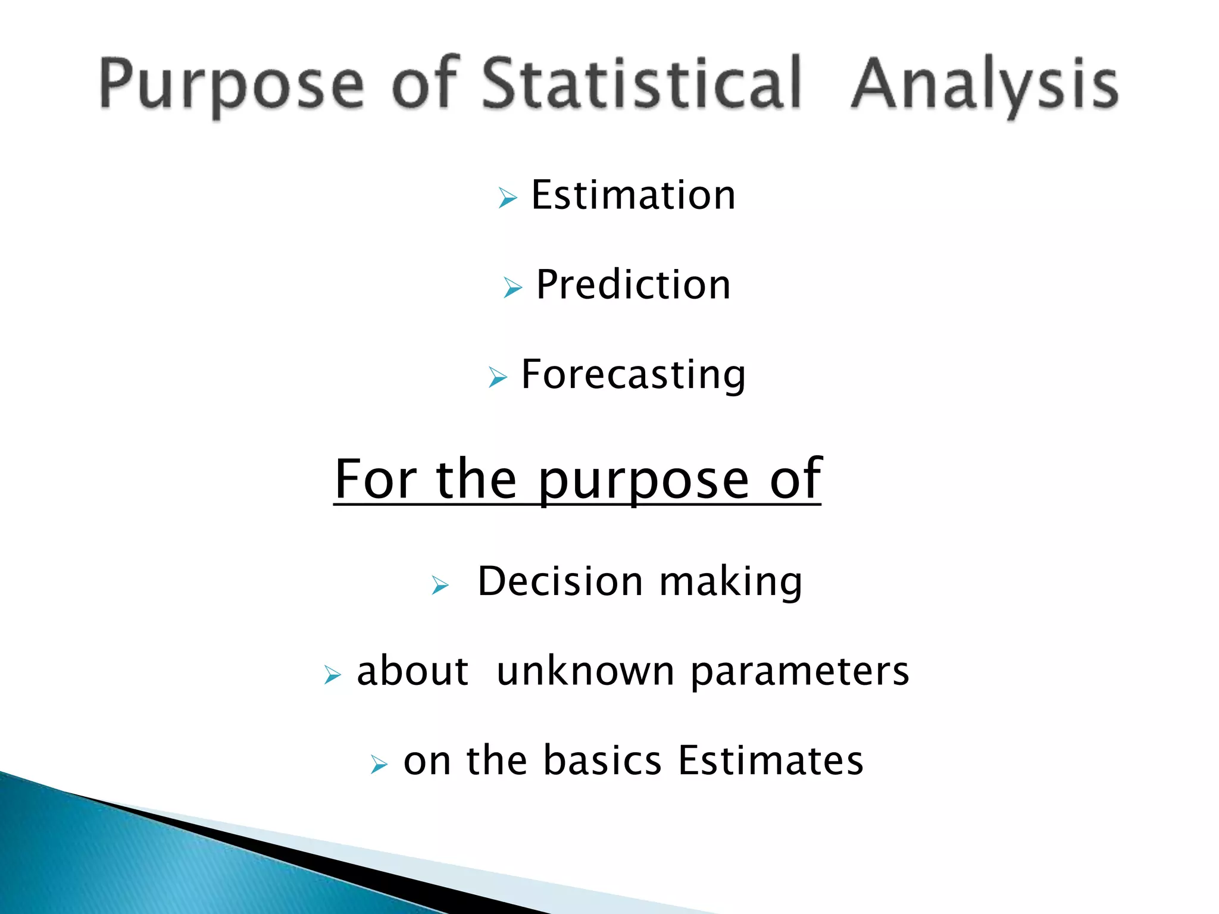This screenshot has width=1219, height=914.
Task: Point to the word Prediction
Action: pyautogui.click(x=633, y=285)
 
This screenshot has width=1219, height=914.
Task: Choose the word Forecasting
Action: pyautogui.click(x=633, y=375)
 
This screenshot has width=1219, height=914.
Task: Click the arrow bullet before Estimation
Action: pyautogui.click(x=508, y=198)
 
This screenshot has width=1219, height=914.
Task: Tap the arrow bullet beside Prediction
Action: pyautogui.click(x=512, y=287)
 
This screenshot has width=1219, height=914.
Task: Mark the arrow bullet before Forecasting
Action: pyautogui.click(x=498, y=377)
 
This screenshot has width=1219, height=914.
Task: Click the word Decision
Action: pyautogui.click(x=560, y=581)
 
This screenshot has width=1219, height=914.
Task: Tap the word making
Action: pyautogui.click(x=731, y=581)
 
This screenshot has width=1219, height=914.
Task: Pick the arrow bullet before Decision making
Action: pyautogui.click(x=440, y=585)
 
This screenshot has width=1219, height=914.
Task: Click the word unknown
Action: pyautogui.click(x=585, y=671)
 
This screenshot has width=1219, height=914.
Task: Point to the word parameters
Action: pyautogui.click(x=800, y=671)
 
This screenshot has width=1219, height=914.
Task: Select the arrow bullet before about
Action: pyautogui.click(x=332, y=675)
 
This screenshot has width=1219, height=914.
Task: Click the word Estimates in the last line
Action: pyautogui.click(x=771, y=761)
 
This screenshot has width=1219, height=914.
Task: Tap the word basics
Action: pyautogui.click(x=602, y=761)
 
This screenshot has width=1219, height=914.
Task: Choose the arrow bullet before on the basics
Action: pyautogui.click(x=379, y=764)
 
